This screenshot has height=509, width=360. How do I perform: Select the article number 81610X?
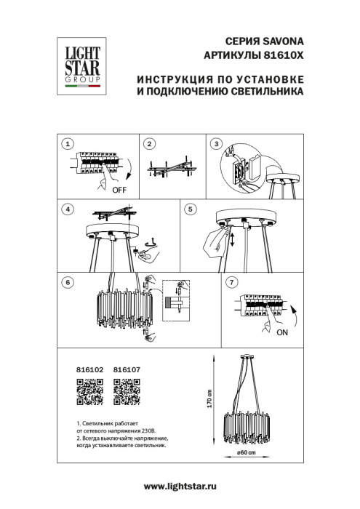281,56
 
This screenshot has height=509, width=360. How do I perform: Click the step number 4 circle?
68,209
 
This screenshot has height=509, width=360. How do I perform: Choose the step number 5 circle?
191,209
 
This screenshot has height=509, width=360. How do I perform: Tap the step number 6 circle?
68,281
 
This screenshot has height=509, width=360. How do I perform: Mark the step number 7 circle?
231,281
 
